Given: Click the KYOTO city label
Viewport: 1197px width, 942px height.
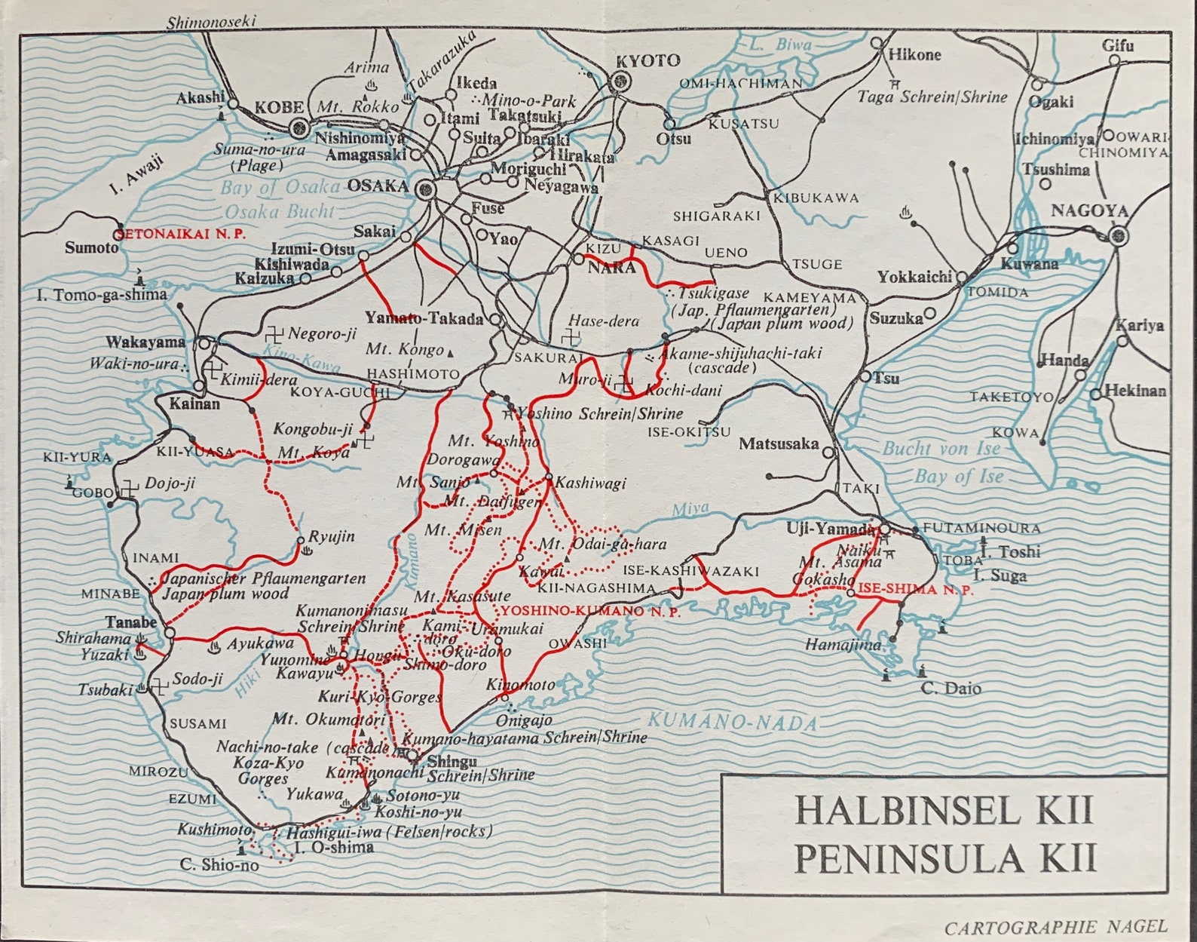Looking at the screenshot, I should (647, 61).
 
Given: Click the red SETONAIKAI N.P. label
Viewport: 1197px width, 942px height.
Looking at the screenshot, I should (182, 234).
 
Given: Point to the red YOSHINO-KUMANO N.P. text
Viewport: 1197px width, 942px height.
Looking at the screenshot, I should (591, 612).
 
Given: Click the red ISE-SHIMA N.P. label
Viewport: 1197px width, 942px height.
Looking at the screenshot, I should (915, 589).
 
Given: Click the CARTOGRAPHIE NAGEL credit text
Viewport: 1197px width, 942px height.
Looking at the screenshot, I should (1055, 926).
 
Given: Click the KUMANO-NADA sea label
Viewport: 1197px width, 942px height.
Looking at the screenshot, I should (733, 722).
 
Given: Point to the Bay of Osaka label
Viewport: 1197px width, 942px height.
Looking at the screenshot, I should (282, 188).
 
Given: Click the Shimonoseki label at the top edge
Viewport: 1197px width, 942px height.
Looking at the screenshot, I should (211, 22).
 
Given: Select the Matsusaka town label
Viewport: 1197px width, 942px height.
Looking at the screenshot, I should (778, 443).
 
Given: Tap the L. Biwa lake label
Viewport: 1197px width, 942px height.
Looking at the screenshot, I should (781, 45).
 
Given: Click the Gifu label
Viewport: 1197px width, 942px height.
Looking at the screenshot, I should (1117, 45).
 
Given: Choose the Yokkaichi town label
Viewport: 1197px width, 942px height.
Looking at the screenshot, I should (914, 277).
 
